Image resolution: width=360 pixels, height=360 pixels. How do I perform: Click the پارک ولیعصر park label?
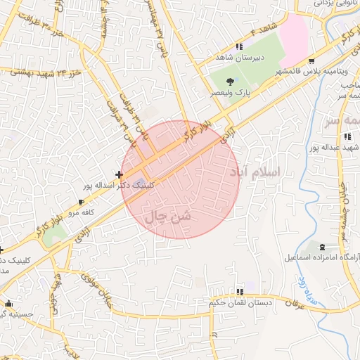[x=226, y=93]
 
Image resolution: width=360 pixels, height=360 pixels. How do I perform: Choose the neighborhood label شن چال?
[x=167, y=218]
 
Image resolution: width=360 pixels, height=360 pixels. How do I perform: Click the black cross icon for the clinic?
[x=120, y=174]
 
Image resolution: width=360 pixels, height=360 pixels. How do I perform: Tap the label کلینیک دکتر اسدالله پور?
[x=116, y=186]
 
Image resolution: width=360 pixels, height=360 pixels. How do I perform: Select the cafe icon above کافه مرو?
[x=81, y=201]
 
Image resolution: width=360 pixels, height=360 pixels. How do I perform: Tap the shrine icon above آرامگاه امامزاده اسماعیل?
[x=322, y=247]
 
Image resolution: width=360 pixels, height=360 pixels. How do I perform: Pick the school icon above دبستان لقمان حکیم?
[x=240, y=292]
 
